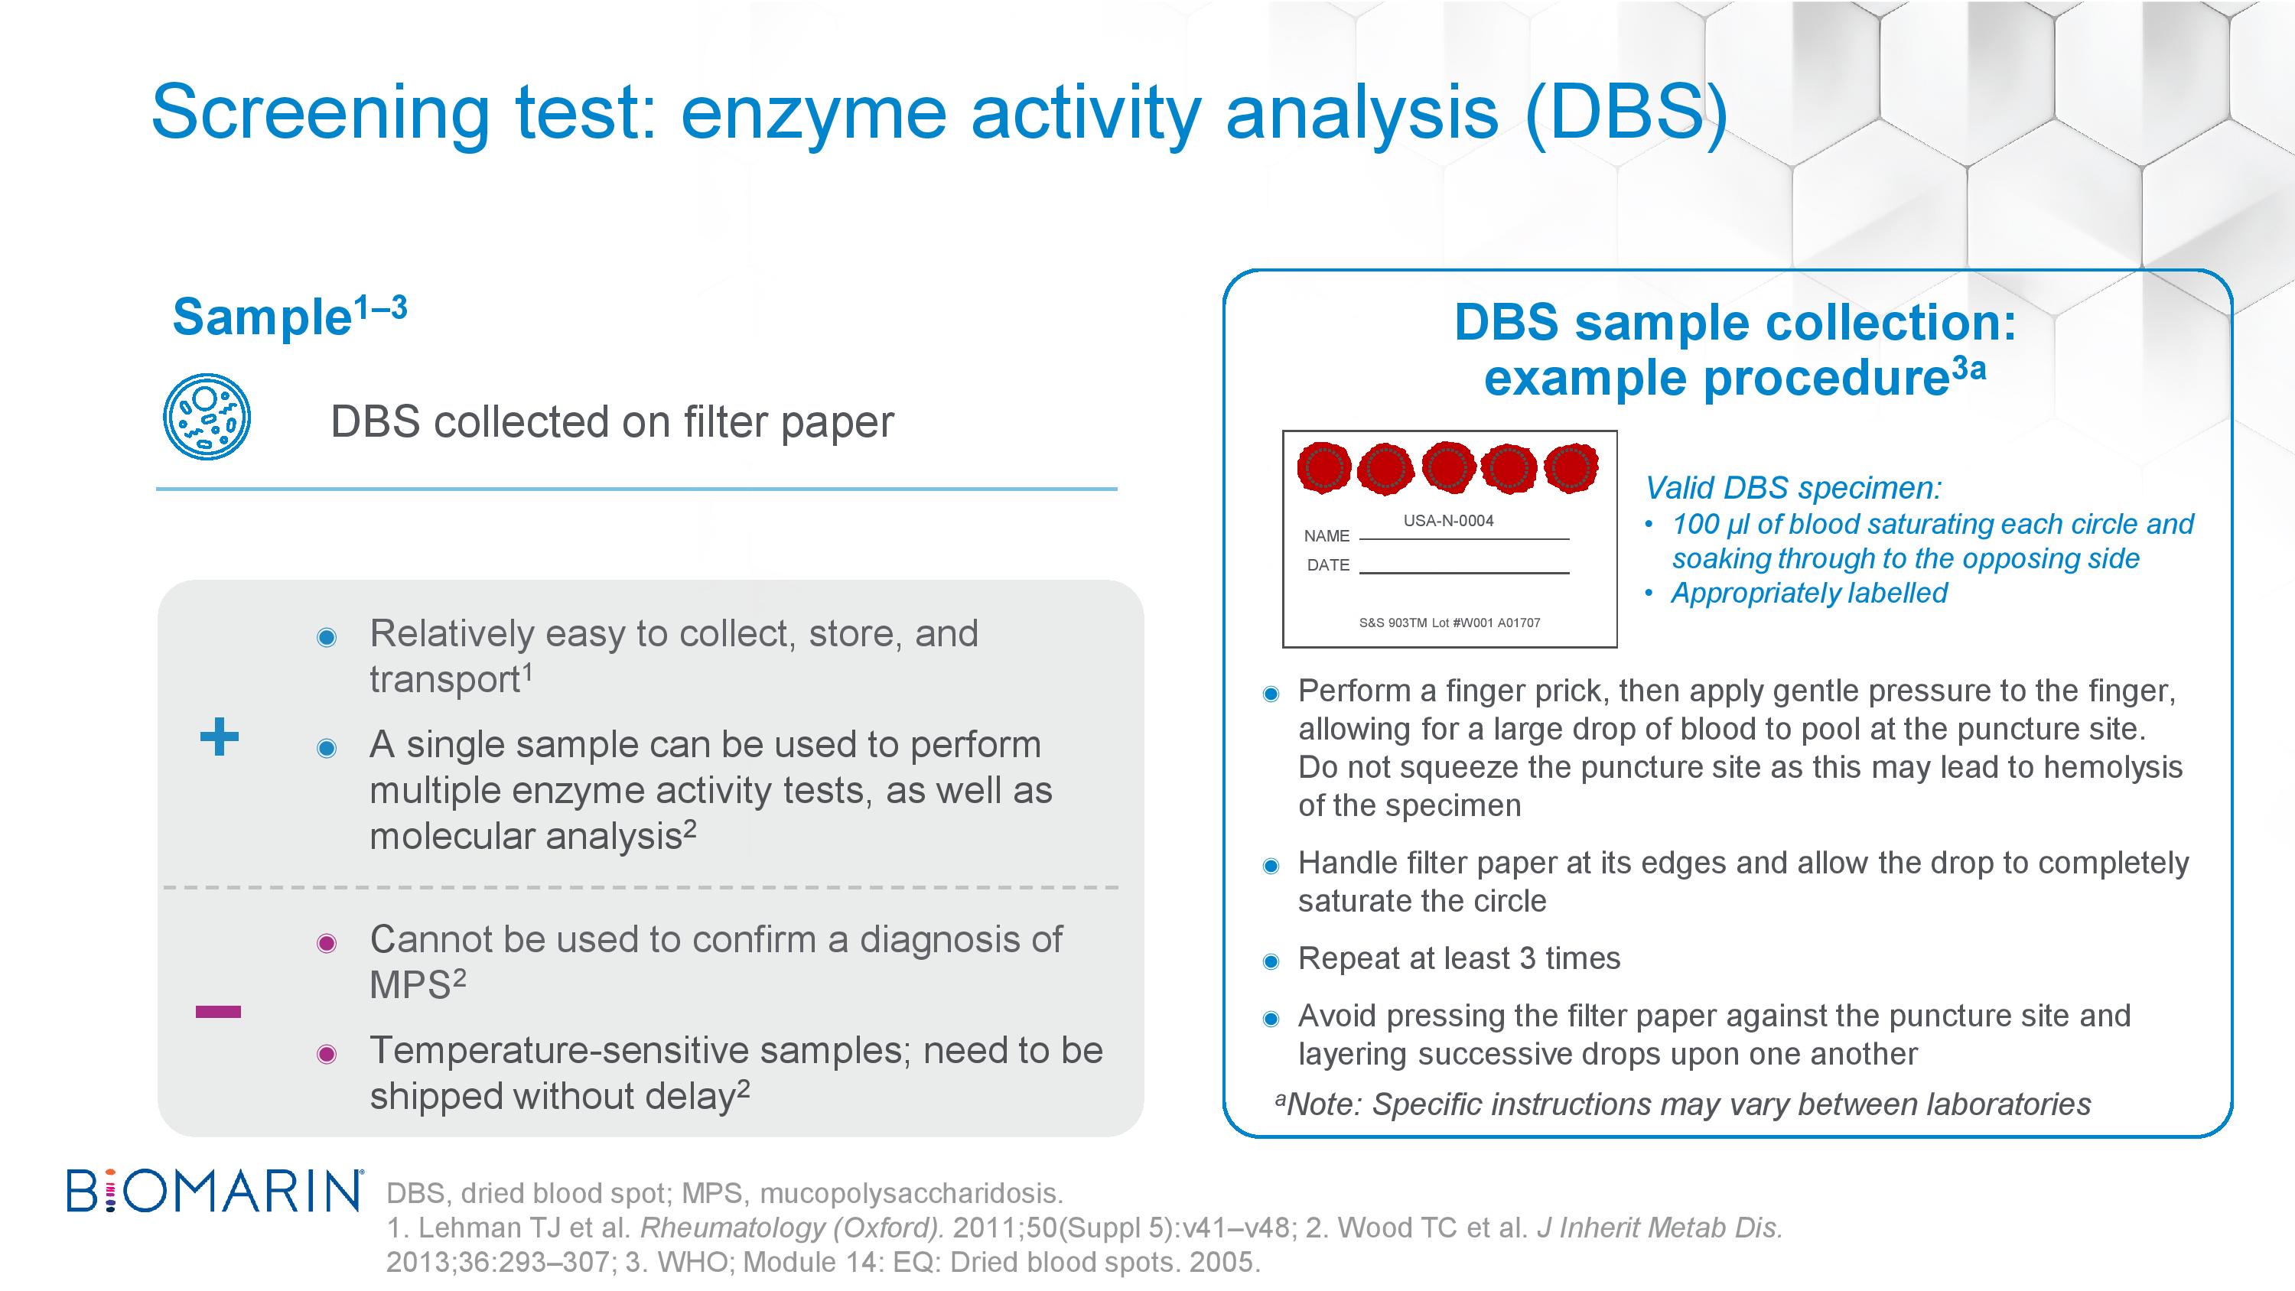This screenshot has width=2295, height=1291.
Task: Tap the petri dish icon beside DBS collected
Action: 207,417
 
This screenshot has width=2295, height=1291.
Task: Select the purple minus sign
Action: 218,1011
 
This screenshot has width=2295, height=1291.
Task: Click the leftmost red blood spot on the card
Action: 1324,467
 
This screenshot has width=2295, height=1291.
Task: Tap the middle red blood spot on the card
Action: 1447,467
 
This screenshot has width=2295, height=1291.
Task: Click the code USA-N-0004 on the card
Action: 1449,521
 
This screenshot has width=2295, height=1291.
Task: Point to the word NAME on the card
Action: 1327,536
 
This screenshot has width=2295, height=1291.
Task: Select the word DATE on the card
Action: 1328,565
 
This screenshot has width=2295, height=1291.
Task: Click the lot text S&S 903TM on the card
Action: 1393,623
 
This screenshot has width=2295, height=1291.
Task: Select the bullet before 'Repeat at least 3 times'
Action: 1271,961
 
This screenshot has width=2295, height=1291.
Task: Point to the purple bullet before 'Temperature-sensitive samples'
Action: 327,1055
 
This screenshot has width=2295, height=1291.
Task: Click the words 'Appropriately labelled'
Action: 1808,593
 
